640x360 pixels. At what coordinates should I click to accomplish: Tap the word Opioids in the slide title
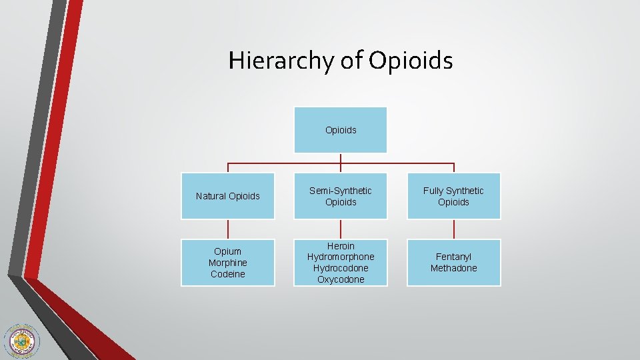(411, 61)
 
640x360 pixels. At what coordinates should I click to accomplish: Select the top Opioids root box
(341, 130)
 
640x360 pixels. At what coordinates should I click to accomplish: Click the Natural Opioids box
(228, 196)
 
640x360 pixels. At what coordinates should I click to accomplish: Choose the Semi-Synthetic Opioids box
(341, 196)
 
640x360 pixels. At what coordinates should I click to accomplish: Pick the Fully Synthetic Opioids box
(453, 196)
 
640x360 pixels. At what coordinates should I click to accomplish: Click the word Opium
(228, 251)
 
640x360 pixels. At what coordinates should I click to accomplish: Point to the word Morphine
(228, 263)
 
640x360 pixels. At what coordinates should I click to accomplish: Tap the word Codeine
(228, 274)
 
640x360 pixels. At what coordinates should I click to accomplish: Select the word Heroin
(341, 246)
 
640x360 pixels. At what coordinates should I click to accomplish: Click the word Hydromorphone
(341, 257)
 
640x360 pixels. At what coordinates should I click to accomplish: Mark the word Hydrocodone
(341, 268)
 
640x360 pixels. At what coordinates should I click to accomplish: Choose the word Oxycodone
(341, 279)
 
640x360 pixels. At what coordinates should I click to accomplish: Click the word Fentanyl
(453, 257)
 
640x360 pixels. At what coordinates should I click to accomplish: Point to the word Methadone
(453, 268)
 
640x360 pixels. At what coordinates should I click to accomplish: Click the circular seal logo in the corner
(21, 341)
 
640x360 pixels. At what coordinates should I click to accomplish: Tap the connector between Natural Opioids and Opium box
(228, 229)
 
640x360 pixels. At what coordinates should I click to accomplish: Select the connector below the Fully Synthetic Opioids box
(453, 229)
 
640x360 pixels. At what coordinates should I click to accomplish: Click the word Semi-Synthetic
(341, 191)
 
